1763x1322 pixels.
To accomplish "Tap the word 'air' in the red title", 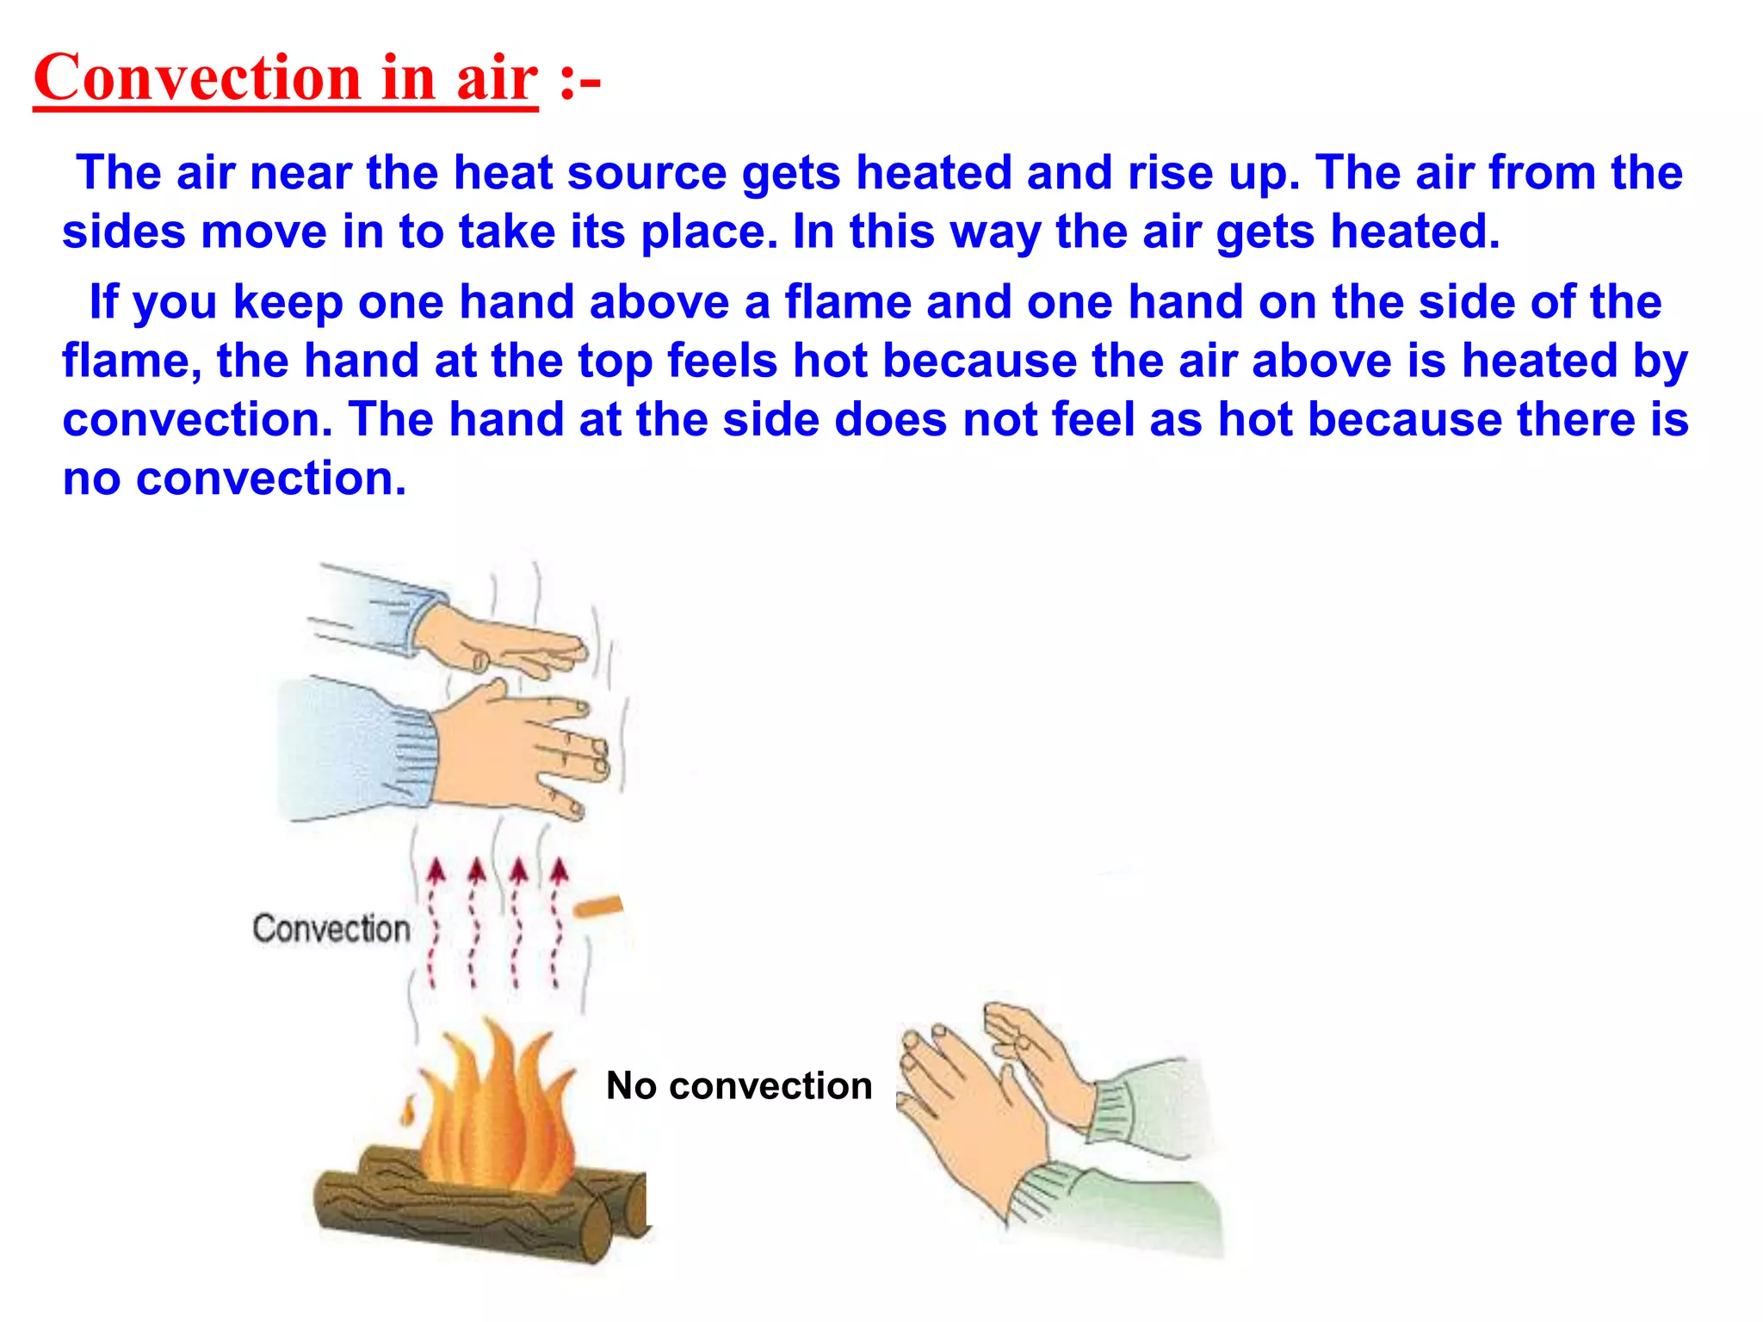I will tap(497, 78).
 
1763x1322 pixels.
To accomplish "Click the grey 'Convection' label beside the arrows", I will tap(331, 929).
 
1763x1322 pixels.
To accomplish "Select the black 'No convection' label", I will tap(739, 1086).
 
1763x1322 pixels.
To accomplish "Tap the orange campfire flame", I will tap(495, 1110).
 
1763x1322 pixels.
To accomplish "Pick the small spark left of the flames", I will tap(408, 1111).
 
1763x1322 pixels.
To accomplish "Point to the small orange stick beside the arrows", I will tap(597, 906).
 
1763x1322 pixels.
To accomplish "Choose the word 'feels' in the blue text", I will tap(722, 361).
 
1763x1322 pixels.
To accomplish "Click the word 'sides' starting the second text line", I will tap(124, 232).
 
